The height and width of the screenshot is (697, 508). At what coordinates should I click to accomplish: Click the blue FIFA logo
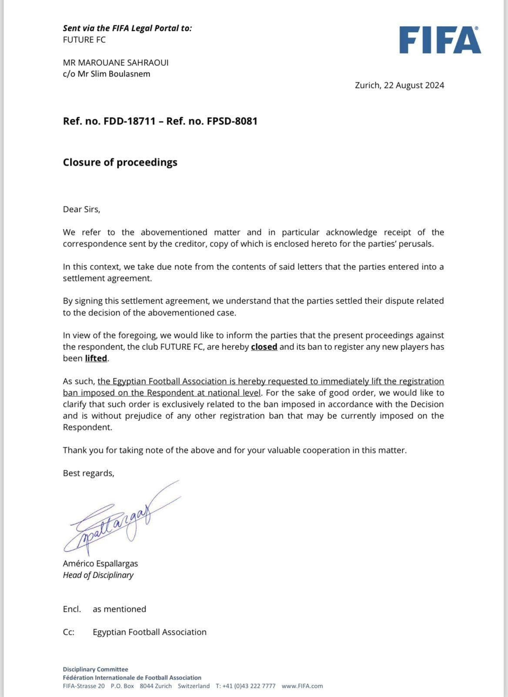point(440,40)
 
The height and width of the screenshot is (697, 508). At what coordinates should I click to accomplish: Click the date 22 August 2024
point(414,85)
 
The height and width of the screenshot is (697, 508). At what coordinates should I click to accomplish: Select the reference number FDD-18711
point(130,121)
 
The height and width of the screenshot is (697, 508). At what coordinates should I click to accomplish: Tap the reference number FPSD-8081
point(232,121)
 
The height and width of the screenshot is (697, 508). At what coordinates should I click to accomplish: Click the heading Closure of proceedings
point(120,162)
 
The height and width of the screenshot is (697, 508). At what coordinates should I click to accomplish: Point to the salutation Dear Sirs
point(81,210)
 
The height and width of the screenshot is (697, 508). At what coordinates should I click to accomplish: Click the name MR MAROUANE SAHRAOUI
point(116,63)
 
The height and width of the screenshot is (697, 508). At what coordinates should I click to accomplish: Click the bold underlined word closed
point(264,347)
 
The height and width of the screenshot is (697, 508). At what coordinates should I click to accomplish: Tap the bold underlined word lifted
point(96,359)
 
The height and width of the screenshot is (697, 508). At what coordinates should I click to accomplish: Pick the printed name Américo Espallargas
point(100,564)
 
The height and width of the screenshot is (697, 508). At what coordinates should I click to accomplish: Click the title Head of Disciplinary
point(98,575)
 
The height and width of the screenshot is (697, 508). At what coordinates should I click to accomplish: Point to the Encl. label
point(72,609)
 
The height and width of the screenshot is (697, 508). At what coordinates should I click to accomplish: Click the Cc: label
point(68,632)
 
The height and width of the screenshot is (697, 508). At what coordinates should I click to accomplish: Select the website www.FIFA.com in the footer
point(302,686)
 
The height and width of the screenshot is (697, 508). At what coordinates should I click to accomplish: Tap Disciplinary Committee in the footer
point(95,670)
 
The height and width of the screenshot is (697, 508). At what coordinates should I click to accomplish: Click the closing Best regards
point(88,474)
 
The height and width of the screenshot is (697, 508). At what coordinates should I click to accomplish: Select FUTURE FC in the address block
point(84,40)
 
